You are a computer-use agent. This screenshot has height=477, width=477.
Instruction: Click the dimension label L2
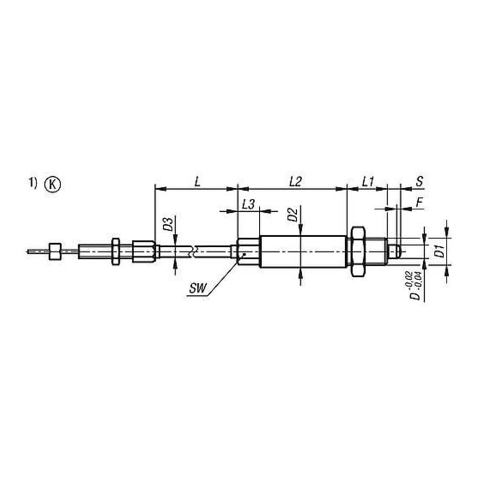(295, 182)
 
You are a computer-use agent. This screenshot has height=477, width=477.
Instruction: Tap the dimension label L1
(368, 182)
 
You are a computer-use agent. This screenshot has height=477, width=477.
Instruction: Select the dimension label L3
(248, 205)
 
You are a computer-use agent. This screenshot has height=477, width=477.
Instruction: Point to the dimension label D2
(293, 215)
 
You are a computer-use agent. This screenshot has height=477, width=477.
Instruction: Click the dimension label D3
(168, 224)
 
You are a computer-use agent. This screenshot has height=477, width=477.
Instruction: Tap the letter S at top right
(419, 182)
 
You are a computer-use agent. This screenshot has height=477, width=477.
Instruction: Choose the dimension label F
(420, 203)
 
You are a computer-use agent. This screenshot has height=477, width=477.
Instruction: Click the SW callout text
(197, 288)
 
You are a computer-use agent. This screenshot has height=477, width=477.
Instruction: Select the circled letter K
(52, 184)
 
